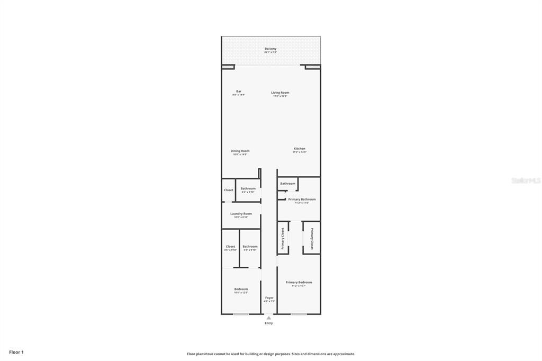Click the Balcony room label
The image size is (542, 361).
270,49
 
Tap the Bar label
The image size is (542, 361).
239,92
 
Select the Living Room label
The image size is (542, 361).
280,93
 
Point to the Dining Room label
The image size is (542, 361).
240,151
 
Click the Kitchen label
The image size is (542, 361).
300,149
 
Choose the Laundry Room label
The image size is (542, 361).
241,214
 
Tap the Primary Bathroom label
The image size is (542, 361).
302,200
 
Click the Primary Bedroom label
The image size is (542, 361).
299,282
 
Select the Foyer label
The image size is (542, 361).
269,297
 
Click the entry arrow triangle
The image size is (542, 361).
269,318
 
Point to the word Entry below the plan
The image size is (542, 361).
269,323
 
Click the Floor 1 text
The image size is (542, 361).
16,352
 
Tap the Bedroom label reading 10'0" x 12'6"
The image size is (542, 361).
241,289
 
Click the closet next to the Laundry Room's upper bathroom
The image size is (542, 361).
229,190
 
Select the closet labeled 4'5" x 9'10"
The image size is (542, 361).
230,247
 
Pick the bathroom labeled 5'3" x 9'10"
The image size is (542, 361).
250,247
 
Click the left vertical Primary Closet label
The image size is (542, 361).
283,238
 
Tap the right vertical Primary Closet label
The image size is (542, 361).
312,238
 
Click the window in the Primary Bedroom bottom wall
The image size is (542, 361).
299,314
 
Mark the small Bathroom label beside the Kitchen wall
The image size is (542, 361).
288,184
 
